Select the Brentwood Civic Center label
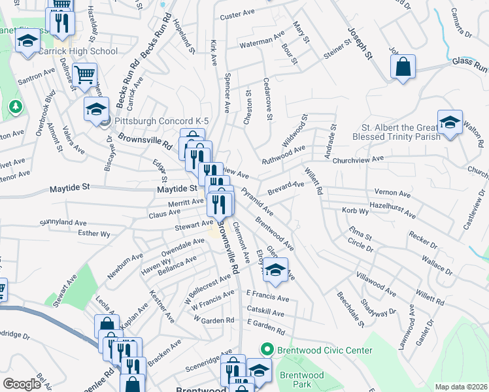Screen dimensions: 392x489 [x=324, y=350]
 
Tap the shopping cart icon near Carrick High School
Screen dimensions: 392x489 [x=84, y=75]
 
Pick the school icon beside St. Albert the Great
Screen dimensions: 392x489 [x=449, y=123]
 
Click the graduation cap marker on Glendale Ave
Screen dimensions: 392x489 [x=276, y=270]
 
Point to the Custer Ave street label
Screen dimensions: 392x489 [x=236, y=16]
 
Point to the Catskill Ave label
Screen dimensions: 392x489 [x=265, y=313]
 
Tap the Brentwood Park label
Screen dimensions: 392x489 [x=302, y=380]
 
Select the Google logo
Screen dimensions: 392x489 [x=22, y=384]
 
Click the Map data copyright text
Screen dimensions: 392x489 [x=461, y=387]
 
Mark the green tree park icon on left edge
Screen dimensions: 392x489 [x=14, y=105]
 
